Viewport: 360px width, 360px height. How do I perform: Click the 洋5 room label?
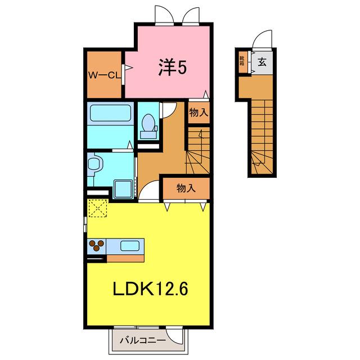[x=173, y=67]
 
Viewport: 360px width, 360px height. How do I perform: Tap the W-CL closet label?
[x=105, y=75]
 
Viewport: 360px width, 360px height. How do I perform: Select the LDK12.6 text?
[x=150, y=289]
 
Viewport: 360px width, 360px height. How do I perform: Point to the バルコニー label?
[x=143, y=340]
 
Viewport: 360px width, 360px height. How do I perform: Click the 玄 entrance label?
[x=262, y=61]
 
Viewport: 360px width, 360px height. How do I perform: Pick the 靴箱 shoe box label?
[x=242, y=61]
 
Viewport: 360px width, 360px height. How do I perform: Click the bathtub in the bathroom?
[x=110, y=113]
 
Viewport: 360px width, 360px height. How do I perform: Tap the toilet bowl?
[x=148, y=123]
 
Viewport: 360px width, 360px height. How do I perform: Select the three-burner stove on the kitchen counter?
[x=97, y=246]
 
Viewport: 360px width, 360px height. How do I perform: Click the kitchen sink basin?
[x=130, y=246]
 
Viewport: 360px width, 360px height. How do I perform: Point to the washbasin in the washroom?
[x=94, y=164]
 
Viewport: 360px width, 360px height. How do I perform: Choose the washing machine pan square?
[x=123, y=189]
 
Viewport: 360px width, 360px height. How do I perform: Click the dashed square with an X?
[x=98, y=208]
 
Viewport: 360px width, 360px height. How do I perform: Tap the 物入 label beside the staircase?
[x=199, y=112]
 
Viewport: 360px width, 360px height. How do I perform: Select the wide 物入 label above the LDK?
[x=186, y=188]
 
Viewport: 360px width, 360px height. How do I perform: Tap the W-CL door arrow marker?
[x=129, y=67]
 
